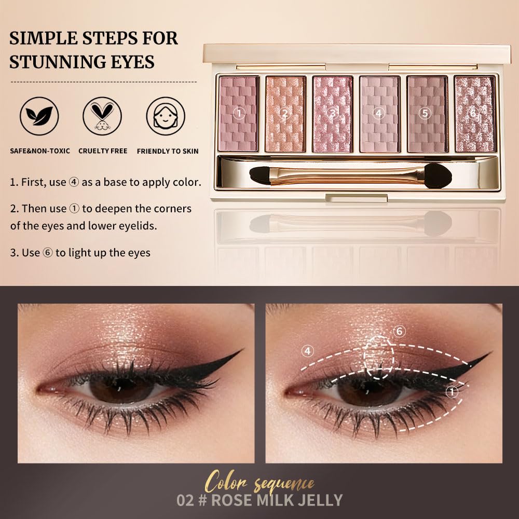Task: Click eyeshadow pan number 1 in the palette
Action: [239, 114]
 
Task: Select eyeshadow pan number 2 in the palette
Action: [285, 114]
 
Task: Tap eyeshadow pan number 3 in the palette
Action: [332, 114]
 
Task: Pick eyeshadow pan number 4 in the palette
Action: [379, 114]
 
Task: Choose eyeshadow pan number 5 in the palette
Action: [427, 114]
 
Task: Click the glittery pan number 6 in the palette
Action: [474, 114]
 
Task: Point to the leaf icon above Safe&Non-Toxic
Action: [39, 116]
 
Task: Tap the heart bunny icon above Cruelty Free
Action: [102, 116]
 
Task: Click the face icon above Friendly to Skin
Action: [166, 116]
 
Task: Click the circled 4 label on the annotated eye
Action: [308, 351]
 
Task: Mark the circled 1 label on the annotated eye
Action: [453, 392]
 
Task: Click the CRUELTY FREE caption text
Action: [103, 151]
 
